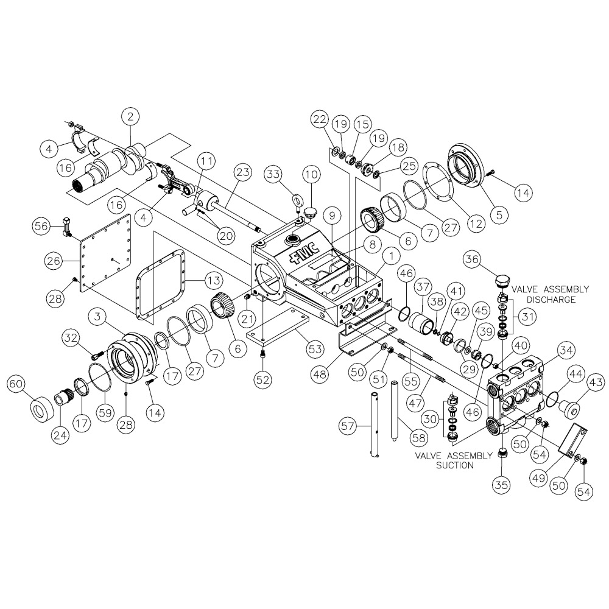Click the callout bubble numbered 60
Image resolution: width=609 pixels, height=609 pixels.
16,384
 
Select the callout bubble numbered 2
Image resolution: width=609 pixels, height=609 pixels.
130,116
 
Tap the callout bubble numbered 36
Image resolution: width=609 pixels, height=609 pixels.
472,259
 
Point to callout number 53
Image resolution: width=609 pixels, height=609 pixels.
314,349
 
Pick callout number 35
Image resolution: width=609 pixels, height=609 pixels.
501,485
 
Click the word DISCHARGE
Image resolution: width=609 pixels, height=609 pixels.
551,300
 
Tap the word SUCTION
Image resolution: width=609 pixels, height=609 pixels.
455,465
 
